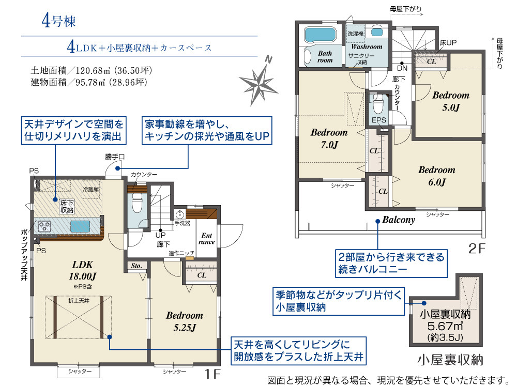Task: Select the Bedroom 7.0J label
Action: pyautogui.click(x=329, y=138)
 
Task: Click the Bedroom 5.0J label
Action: pyautogui.click(x=451, y=101)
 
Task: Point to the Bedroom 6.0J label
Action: pyautogui.click(x=436, y=176)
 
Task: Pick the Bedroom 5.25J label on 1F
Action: pyautogui.click(x=185, y=321)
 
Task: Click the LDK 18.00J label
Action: pyautogui.click(x=82, y=270)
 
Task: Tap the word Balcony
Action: pyautogui.click(x=399, y=220)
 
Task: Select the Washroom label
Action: pyautogui.click(x=367, y=47)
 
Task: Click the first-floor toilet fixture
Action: pyautogui.click(x=137, y=203)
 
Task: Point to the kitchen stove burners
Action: pyautogui.click(x=44, y=226)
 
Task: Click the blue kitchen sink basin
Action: pyautogui.click(x=80, y=226)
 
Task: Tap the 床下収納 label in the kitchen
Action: pyautogui.click(x=67, y=207)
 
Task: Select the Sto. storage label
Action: pyautogui.click(x=136, y=266)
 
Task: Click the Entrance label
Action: pyautogui.click(x=207, y=238)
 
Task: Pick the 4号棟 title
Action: pyautogui.click(x=59, y=21)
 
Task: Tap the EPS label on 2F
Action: pyautogui.click(x=379, y=120)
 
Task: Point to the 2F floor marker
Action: pyautogui.click(x=477, y=248)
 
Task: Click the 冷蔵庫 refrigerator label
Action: pyautogui.click(x=90, y=189)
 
